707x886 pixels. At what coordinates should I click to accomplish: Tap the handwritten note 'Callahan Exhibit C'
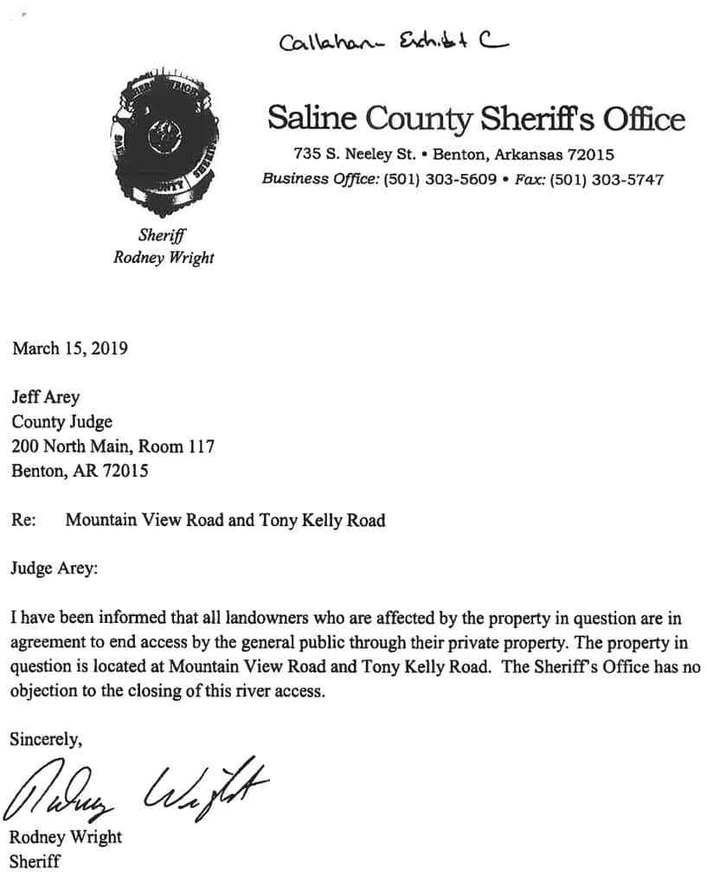[393, 40]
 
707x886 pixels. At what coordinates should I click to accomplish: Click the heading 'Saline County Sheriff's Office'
[476, 118]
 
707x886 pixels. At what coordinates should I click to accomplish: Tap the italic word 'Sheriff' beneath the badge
[163, 234]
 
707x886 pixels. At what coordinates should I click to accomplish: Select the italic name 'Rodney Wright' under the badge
[164, 257]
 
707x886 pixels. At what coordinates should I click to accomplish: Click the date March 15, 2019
[70, 349]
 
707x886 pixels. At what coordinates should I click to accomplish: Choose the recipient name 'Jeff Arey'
[45, 397]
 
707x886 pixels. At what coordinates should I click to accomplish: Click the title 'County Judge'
[61, 422]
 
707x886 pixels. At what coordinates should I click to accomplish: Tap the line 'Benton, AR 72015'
[80, 472]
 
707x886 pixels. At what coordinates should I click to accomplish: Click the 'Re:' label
[22, 520]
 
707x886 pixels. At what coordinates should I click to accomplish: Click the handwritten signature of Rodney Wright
[134, 787]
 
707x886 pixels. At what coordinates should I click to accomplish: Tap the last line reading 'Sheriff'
[35, 861]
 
